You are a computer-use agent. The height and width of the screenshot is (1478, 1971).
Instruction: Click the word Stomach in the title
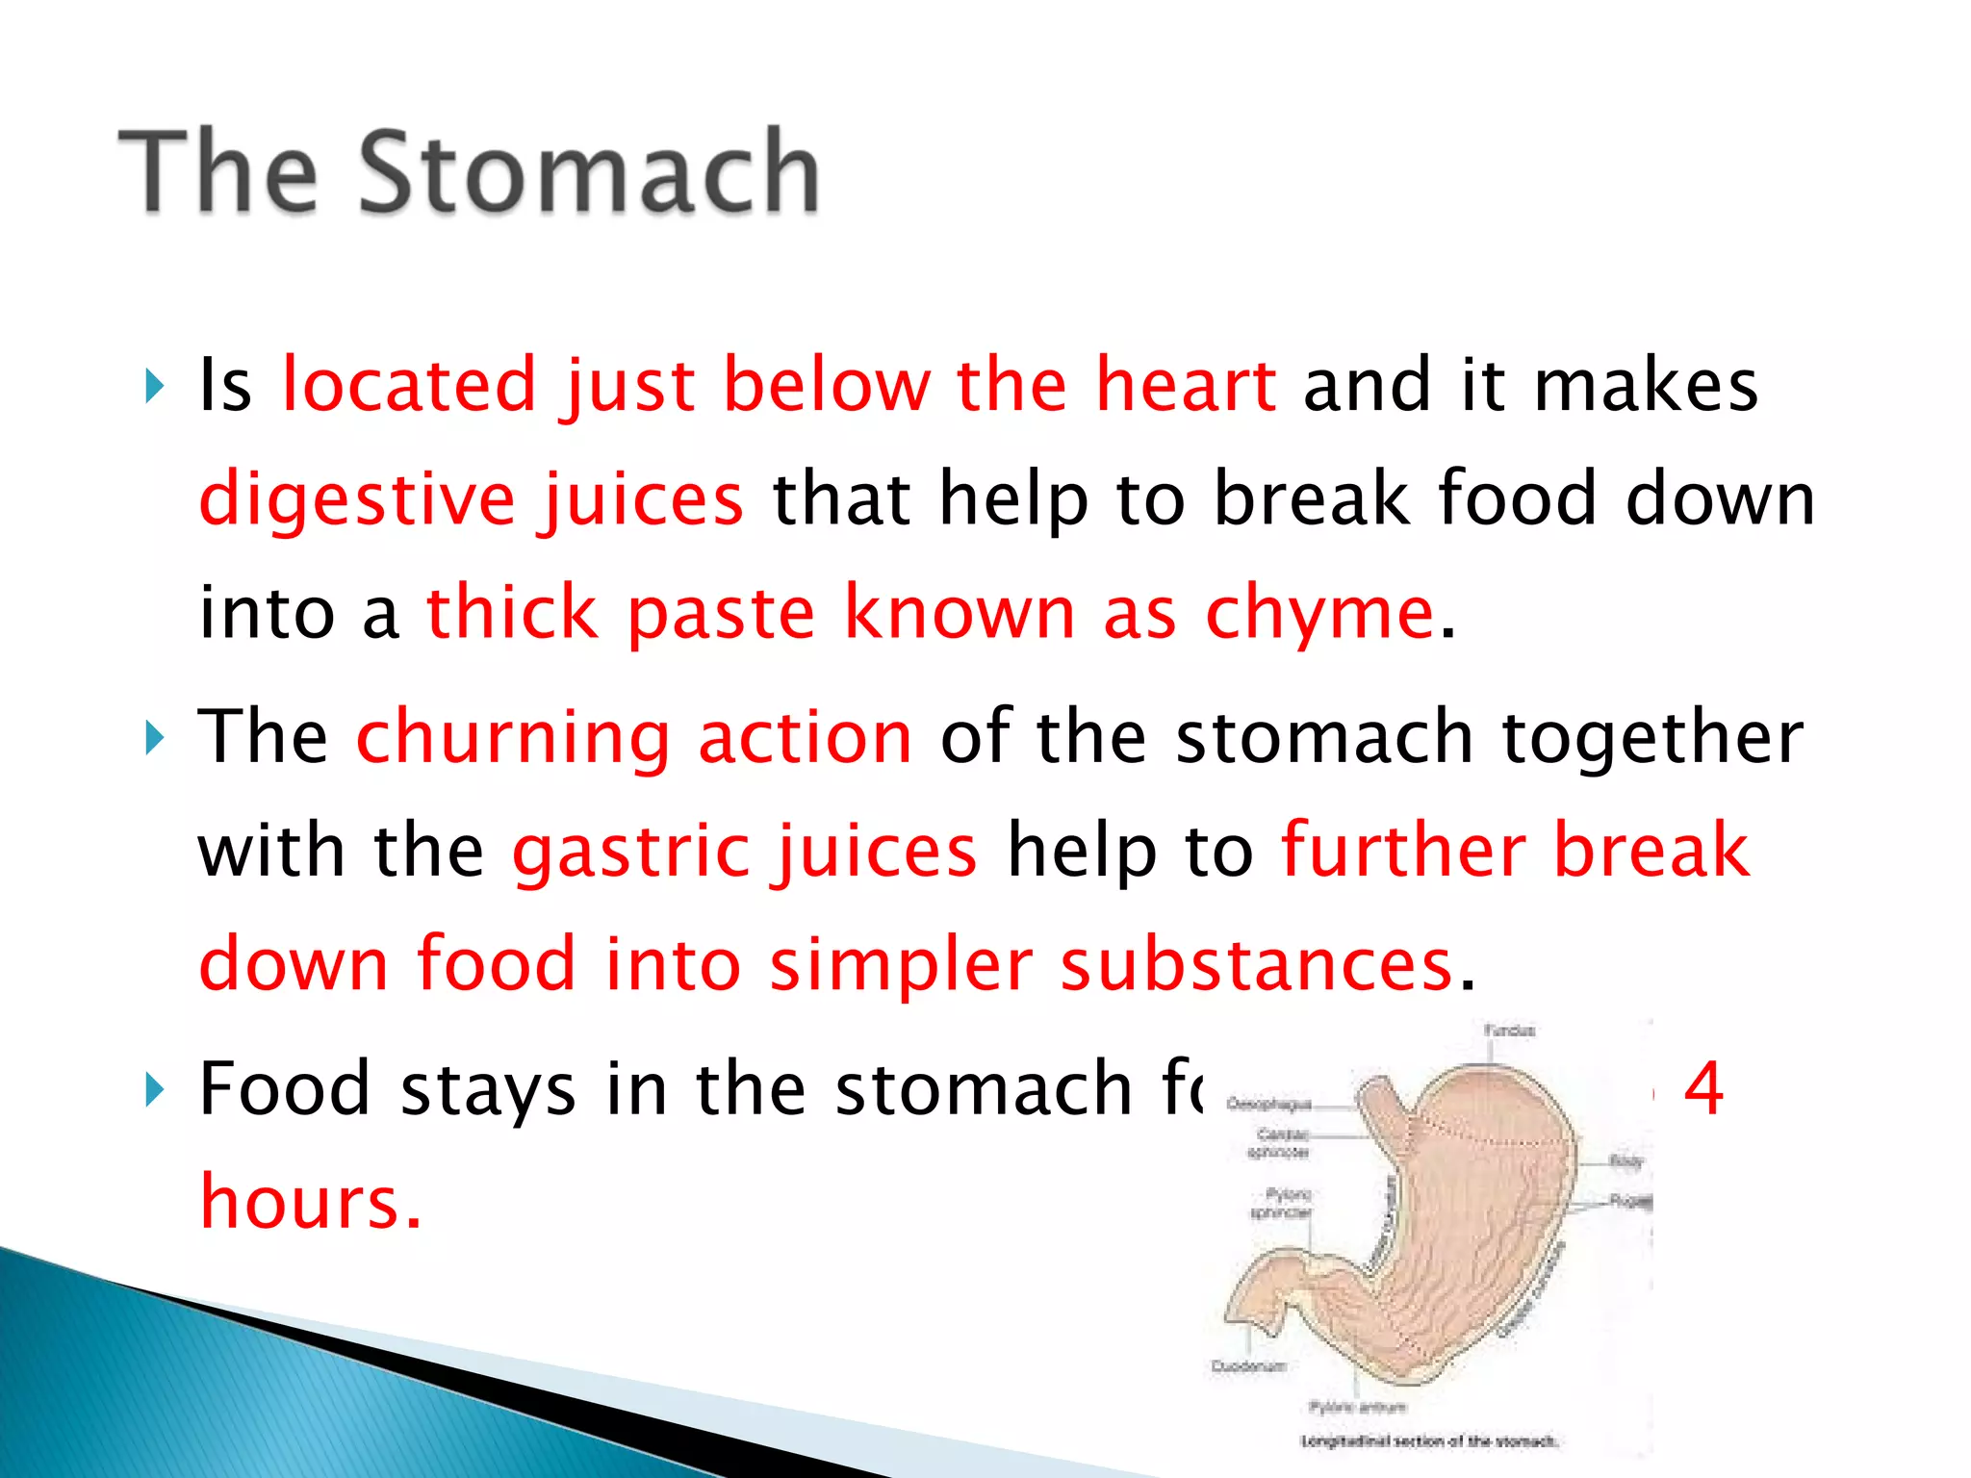pos(589,173)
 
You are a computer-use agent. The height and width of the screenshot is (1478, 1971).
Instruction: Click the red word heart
pos(1186,385)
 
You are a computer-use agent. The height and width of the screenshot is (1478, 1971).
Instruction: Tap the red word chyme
pos(1319,614)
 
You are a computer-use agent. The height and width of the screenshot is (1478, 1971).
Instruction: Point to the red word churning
pos(513,737)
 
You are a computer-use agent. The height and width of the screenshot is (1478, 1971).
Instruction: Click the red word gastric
pos(631,851)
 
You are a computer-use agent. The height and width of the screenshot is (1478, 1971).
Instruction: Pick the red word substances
pos(1256,964)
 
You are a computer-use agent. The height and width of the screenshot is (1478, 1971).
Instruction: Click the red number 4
pos(1703,1089)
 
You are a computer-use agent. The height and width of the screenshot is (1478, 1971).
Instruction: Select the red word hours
pos(310,1203)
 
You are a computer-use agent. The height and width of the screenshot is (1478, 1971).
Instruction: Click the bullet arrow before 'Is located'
pos(155,387)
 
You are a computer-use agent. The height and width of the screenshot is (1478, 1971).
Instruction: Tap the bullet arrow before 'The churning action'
pos(155,739)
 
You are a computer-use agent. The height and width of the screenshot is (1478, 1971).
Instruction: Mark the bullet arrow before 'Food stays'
pos(155,1091)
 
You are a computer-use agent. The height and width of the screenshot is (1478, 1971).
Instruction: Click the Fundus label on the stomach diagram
pos(1509,1031)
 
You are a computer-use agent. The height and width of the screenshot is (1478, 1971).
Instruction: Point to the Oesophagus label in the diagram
pos(1269,1105)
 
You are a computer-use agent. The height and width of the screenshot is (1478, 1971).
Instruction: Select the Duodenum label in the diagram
pos(1248,1366)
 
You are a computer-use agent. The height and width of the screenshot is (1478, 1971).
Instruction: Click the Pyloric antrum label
pos(1357,1407)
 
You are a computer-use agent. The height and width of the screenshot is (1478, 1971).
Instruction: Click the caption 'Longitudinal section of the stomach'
pos(1429,1441)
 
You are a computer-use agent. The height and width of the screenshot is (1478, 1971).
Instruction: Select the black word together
pos(1651,737)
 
